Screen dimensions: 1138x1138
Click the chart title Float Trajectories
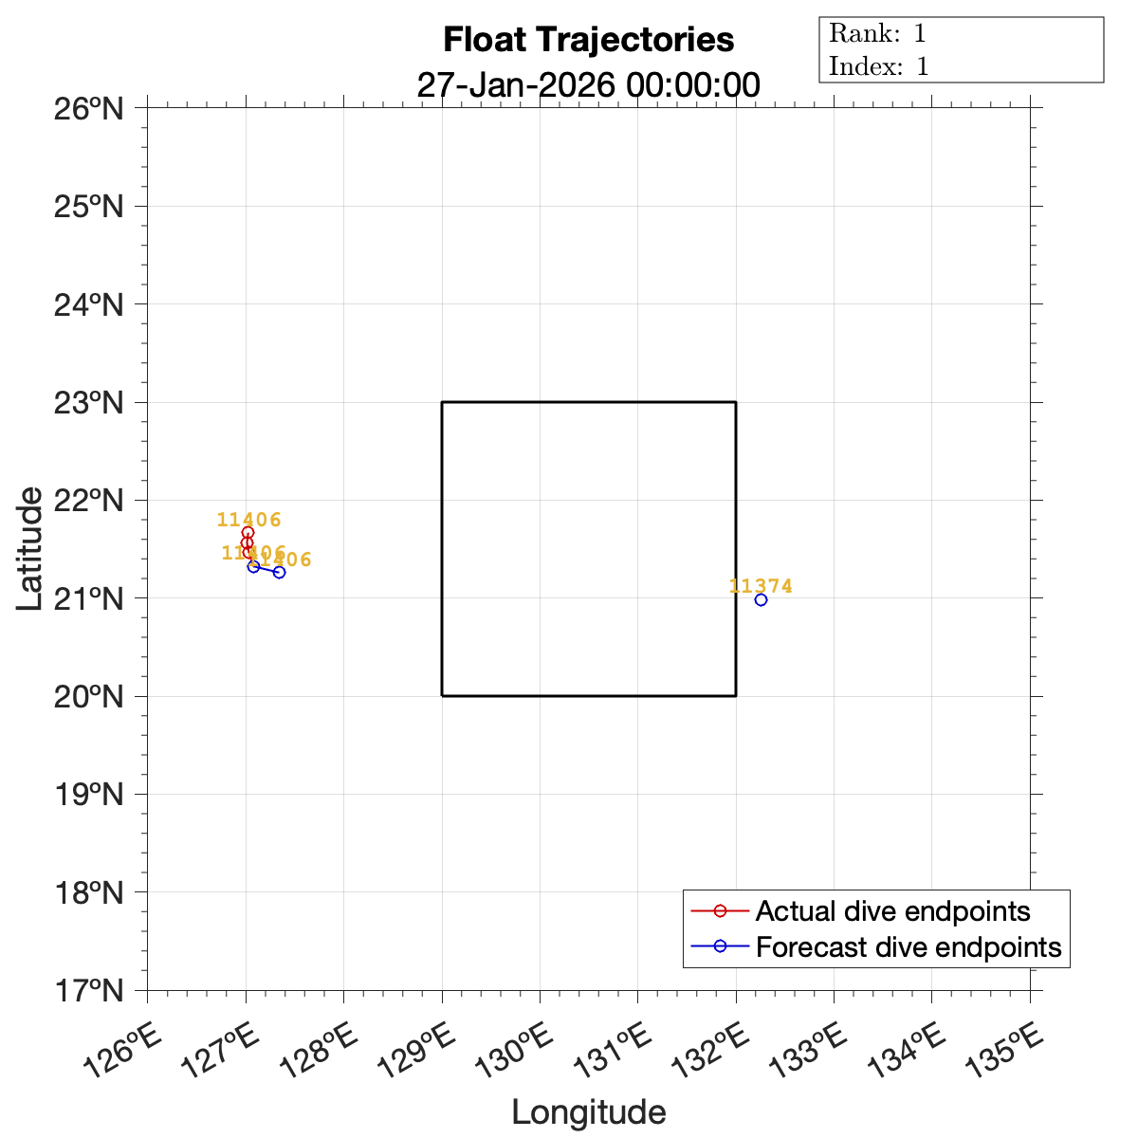click(x=588, y=40)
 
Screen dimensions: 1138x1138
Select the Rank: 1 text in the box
click(x=877, y=34)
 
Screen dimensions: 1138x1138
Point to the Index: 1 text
click(x=878, y=66)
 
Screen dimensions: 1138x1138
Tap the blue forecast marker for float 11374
click(x=761, y=599)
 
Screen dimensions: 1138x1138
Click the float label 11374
click(x=761, y=586)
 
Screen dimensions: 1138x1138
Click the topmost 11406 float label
click(x=248, y=520)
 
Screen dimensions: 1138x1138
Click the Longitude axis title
click(x=588, y=1112)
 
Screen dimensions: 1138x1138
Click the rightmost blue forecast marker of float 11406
click(x=279, y=572)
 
